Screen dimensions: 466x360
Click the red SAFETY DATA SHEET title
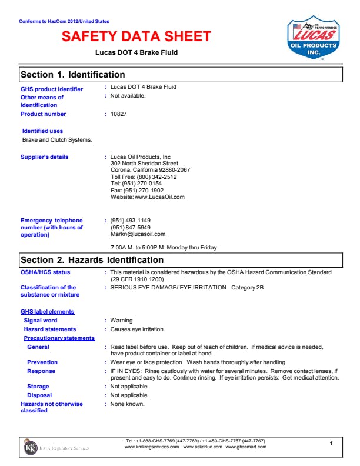(136, 36)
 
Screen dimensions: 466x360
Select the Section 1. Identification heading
(73, 75)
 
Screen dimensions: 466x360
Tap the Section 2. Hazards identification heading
(92, 259)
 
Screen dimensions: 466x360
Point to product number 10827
(119, 114)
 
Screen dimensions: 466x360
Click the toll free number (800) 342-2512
(144, 177)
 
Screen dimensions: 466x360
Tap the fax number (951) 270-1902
(137, 190)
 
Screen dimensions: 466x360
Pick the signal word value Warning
(122, 321)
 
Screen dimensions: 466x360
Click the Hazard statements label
(50, 329)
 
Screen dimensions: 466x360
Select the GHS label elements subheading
(48, 311)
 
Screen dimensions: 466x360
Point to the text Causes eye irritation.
(138, 329)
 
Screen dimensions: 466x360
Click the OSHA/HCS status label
(45, 272)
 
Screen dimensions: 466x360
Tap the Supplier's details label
(45, 157)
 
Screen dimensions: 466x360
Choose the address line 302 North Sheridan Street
(144, 164)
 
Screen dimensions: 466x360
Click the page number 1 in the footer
(331, 442)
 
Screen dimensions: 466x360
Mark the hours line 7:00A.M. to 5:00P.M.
(164, 248)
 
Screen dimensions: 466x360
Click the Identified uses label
(42, 131)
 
